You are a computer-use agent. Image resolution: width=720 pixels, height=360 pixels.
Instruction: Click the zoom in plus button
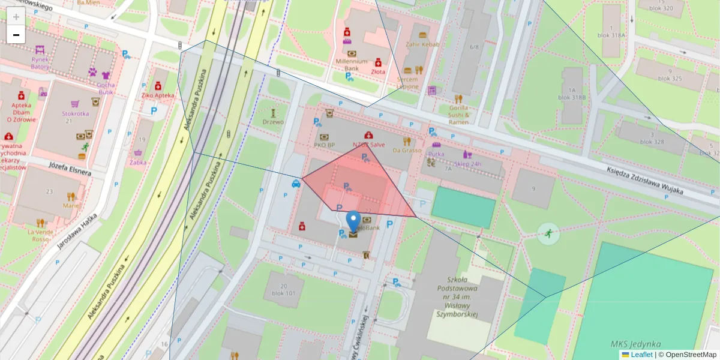[x=16, y=17]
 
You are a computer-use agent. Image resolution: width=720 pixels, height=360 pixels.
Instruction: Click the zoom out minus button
[x=16, y=35]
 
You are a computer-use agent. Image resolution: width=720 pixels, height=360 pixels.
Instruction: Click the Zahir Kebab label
[x=422, y=44]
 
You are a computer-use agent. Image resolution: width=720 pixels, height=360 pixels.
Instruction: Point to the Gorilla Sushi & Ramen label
[x=458, y=115]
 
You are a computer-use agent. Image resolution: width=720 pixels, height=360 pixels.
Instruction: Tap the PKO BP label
[x=324, y=145]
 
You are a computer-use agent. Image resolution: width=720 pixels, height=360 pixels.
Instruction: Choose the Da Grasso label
[x=407, y=150]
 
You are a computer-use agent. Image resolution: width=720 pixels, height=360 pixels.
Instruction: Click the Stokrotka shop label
[x=75, y=113]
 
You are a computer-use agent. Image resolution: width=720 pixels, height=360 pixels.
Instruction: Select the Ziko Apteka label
[x=158, y=95]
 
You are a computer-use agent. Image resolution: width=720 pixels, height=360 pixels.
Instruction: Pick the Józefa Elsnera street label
[x=70, y=169]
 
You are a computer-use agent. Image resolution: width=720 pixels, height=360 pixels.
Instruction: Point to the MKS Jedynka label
[x=635, y=344]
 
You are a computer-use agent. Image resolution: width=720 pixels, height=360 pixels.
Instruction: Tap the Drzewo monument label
[x=273, y=122]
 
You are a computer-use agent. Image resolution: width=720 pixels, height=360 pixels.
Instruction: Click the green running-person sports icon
[x=547, y=233]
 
